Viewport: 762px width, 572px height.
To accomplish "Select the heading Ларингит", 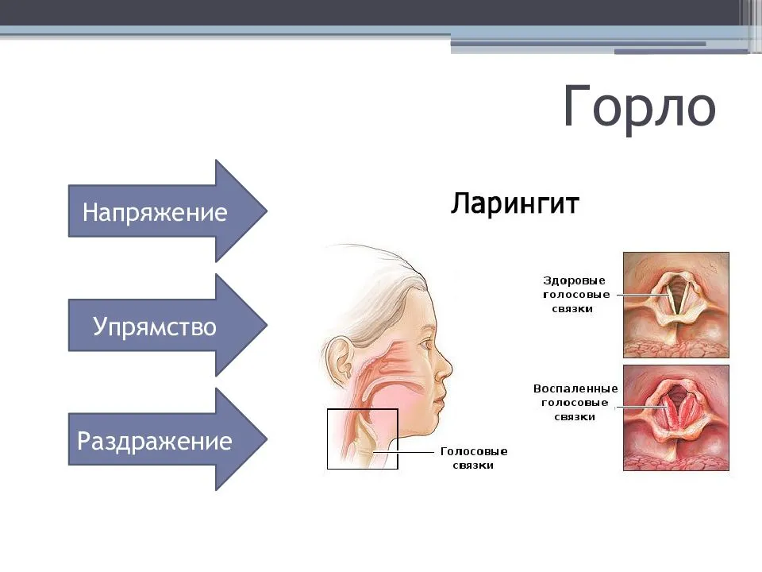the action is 514,203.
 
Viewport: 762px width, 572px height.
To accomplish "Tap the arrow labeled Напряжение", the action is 167,211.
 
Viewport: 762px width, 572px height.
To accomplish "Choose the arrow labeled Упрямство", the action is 167,325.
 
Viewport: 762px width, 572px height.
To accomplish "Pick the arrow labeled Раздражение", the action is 167,439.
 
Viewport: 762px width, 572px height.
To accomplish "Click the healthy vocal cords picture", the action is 676,305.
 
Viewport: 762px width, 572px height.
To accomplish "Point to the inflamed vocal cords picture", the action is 676,418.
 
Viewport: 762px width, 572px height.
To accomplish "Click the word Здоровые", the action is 574,280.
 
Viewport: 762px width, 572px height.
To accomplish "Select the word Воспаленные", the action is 575,388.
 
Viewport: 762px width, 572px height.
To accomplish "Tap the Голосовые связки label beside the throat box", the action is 473,458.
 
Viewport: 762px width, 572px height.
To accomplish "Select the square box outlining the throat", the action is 327,439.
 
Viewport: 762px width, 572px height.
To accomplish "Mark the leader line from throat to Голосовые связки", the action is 403,452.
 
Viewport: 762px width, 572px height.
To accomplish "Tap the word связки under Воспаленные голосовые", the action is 575,417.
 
